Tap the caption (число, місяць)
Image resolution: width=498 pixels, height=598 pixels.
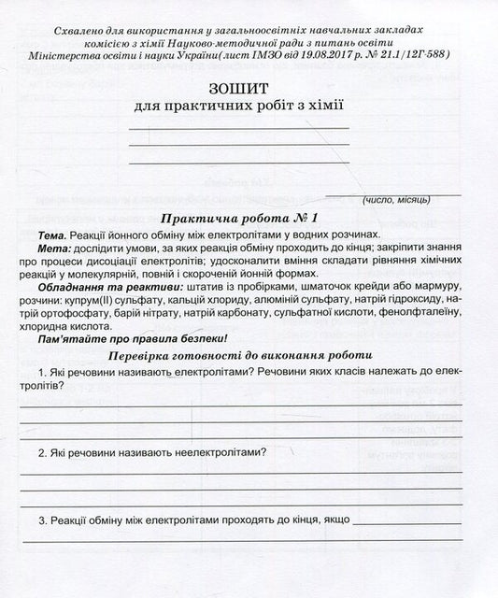(x=396, y=201)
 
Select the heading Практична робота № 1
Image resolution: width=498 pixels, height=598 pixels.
(x=240, y=217)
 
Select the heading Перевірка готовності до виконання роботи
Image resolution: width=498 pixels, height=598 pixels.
(x=240, y=356)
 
